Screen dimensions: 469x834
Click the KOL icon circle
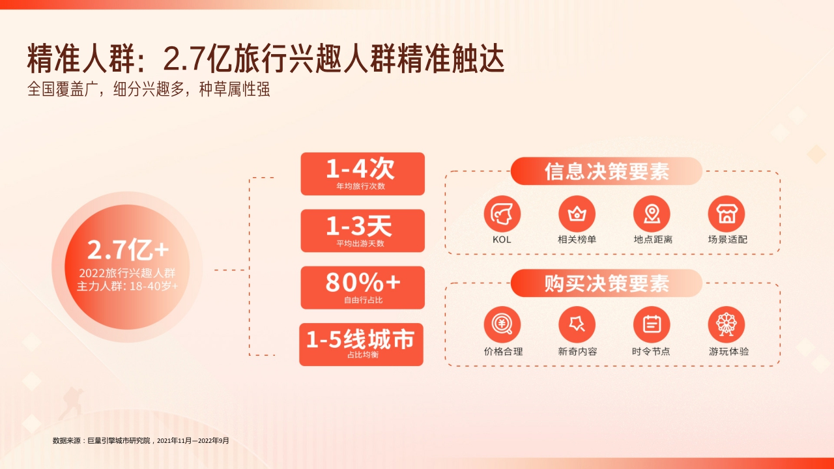pos(502,214)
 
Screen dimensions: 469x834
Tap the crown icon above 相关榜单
pos(577,214)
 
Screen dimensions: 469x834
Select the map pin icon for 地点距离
pos(652,214)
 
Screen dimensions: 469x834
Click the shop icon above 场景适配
pos(726,214)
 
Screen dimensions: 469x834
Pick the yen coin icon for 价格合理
pos(502,324)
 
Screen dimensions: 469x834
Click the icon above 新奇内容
pos(577,324)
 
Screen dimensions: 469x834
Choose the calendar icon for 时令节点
pos(652,324)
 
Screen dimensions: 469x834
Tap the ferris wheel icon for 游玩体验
pos(726,324)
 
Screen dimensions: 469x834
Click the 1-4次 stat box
pos(362,174)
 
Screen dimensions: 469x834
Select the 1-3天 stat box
pos(362,231)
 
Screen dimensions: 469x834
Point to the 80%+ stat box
pos(362,287)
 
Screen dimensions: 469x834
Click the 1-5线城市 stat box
pos(361,344)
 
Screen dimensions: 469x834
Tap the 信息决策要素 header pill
pos(606,171)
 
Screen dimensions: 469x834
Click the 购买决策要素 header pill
pos(606,283)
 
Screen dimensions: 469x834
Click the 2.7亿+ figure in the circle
pos(128,249)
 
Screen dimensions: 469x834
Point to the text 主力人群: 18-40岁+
pos(128,285)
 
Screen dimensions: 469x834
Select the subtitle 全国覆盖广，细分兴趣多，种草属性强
pos(149,89)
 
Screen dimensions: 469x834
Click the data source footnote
pos(141,441)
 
